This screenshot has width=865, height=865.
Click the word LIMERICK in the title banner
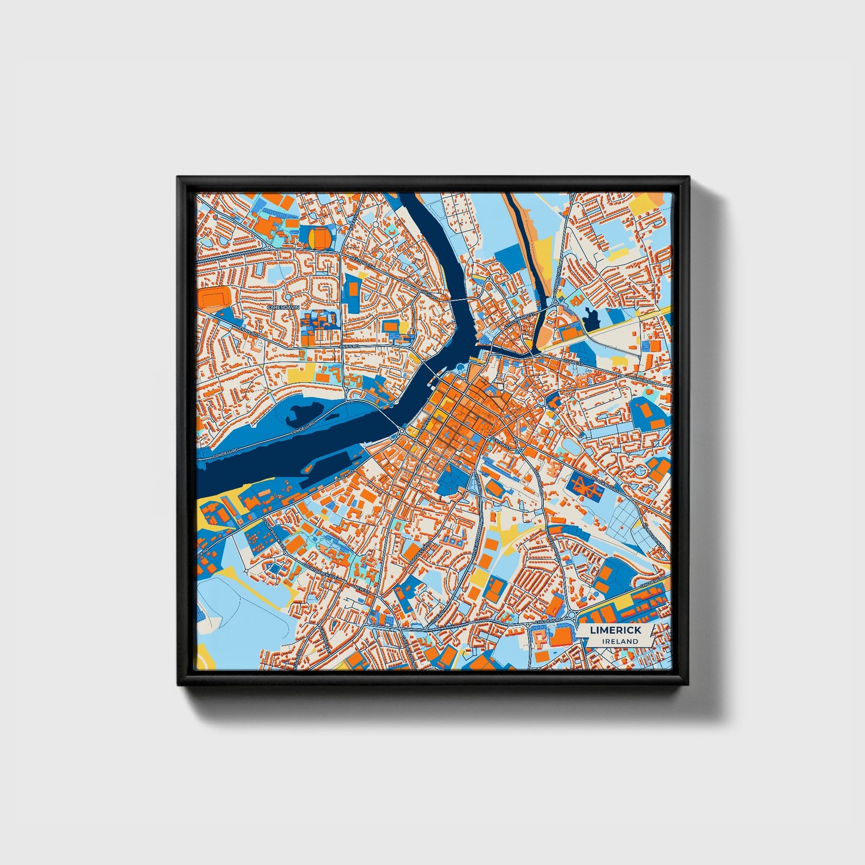pyautogui.click(x=615, y=630)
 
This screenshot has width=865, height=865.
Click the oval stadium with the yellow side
pyautogui.click(x=320, y=238)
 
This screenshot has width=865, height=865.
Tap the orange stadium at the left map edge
pyautogui.click(x=214, y=297)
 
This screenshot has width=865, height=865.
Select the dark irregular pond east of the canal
pyautogui.click(x=593, y=318)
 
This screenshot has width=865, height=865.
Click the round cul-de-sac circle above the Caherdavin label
pyautogui.click(x=288, y=296)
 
